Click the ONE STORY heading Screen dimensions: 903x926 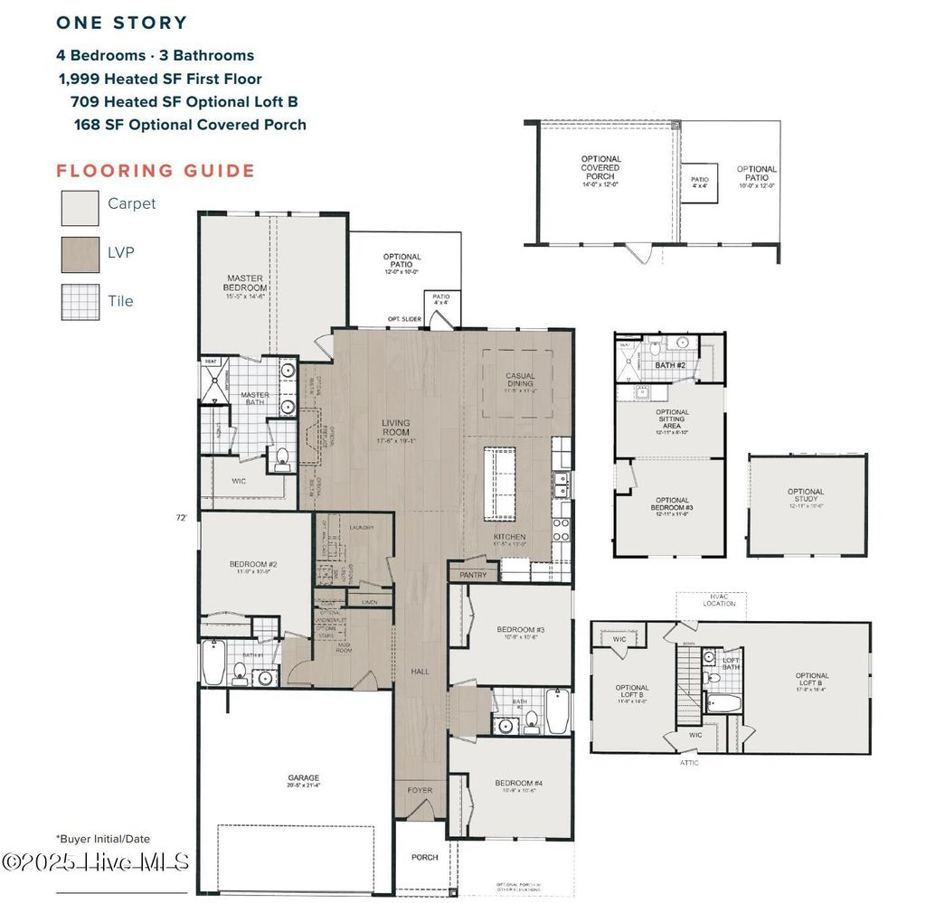pos(121,24)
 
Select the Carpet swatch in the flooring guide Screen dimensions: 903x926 pos(80,207)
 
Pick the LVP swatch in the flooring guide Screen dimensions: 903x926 pos(80,255)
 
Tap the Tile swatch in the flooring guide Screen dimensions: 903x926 pos(80,303)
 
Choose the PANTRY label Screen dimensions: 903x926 pos(473,575)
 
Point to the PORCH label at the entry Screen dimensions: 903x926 pos(424,857)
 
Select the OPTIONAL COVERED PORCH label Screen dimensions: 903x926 pos(601,167)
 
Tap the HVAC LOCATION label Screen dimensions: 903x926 pos(720,599)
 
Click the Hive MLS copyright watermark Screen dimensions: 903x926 pos(95,861)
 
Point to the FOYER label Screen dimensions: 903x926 pos(420,790)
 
